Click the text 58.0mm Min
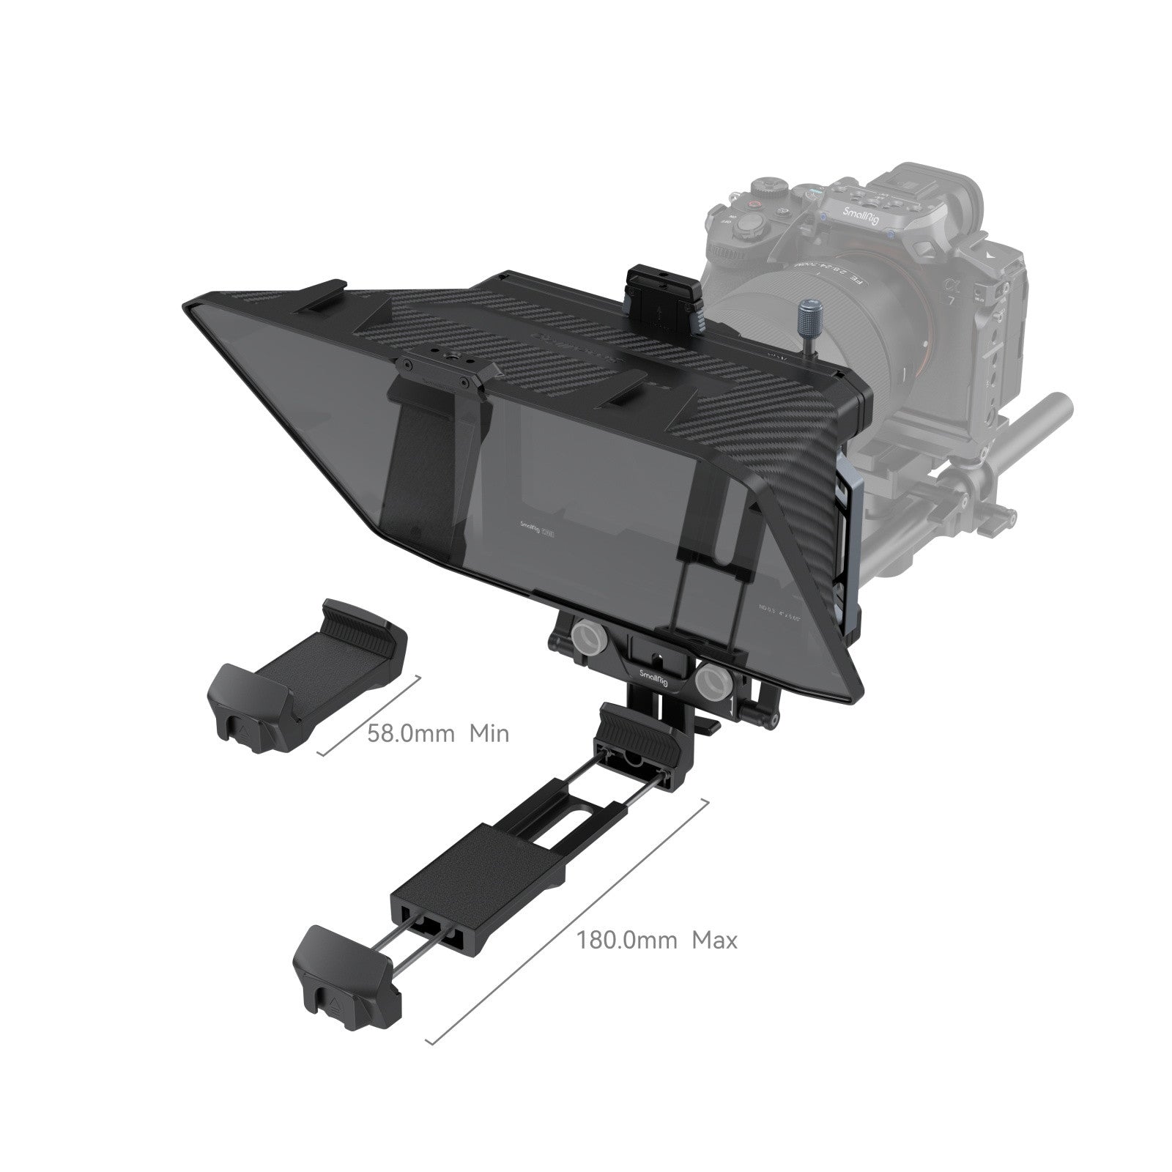point(437,732)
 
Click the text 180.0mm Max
point(656,940)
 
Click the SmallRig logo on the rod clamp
point(654,678)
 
